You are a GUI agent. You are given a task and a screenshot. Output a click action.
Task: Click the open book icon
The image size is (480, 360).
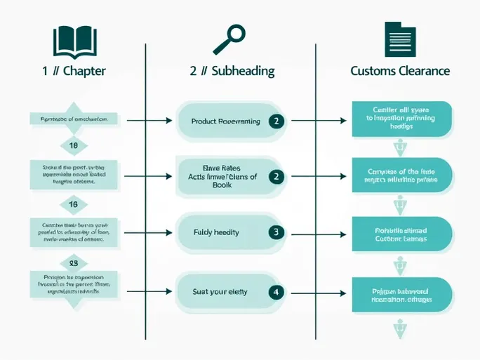(x=74, y=41)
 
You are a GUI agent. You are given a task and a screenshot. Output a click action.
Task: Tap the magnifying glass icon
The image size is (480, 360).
(x=229, y=39)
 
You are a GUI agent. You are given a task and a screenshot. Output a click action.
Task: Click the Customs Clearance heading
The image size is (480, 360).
(x=400, y=71)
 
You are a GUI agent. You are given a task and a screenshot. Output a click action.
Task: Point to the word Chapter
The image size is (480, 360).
(x=84, y=71)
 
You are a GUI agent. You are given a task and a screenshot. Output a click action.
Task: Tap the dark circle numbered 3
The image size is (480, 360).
(x=276, y=232)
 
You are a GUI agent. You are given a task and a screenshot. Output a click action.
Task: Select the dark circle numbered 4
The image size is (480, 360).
(x=276, y=291)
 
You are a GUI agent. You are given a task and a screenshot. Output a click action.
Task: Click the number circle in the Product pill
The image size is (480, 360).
(x=276, y=121)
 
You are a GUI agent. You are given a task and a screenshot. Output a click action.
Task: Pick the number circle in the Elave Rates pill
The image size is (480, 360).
(x=276, y=177)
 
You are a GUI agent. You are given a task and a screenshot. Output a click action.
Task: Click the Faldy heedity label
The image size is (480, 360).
(x=216, y=232)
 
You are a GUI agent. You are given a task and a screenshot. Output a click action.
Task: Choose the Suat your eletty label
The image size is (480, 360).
(x=220, y=291)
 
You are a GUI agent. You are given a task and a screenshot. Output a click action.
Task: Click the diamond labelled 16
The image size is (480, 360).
(x=73, y=204)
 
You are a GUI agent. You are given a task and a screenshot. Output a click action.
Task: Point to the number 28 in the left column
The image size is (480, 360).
(x=73, y=263)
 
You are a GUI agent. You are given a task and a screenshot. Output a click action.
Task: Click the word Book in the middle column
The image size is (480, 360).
(x=221, y=185)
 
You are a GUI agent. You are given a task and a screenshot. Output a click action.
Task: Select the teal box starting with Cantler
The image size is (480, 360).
(x=401, y=118)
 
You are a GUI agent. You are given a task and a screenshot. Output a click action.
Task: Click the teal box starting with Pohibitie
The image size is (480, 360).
(x=401, y=234)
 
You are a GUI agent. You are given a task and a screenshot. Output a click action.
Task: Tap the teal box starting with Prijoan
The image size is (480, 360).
(x=401, y=294)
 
